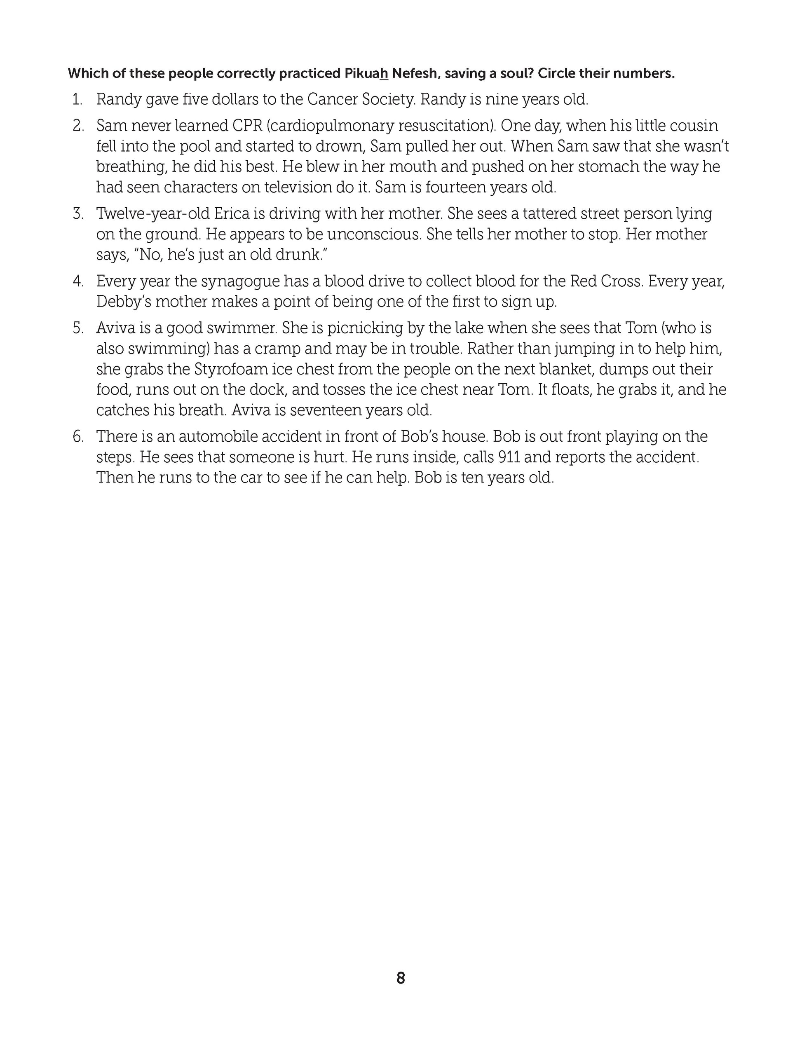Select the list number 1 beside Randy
[x=77, y=100]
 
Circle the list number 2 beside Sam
[x=78, y=126]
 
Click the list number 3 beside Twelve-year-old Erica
[x=78, y=213]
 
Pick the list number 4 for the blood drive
[x=78, y=281]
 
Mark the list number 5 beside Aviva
[x=78, y=328]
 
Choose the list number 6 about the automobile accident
[x=78, y=437]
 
